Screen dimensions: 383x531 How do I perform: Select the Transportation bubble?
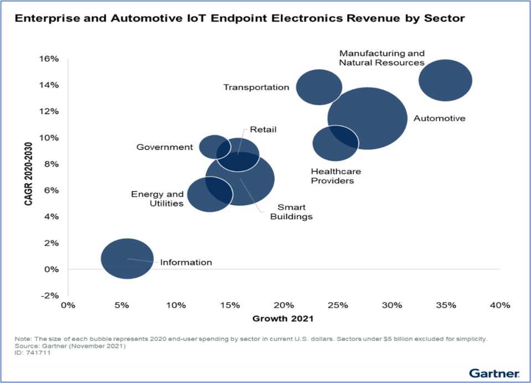click(x=319, y=87)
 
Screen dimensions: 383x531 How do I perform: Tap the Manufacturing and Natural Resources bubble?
click(x=445, y=80)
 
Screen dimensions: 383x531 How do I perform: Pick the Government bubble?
click(x=210, y=145)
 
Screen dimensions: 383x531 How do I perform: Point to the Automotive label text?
click(x=440, y=118)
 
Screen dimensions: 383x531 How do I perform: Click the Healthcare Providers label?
click(x=332, y=176)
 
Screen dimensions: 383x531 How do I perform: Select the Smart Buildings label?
click(x=291, y=212)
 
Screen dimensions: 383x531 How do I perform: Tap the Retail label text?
click(x=263, y=130)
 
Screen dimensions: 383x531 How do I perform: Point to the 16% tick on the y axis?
click(x=49, y=59)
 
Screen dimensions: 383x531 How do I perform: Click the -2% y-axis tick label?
click(x=49, y=296)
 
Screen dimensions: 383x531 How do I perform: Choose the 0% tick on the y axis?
click(x=51, y=270)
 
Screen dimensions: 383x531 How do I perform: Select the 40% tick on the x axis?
click(x=499, y=306)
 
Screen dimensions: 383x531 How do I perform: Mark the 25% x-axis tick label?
click(x=337, y=306)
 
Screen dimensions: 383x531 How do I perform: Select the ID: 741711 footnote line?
click(x=32, y=353)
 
